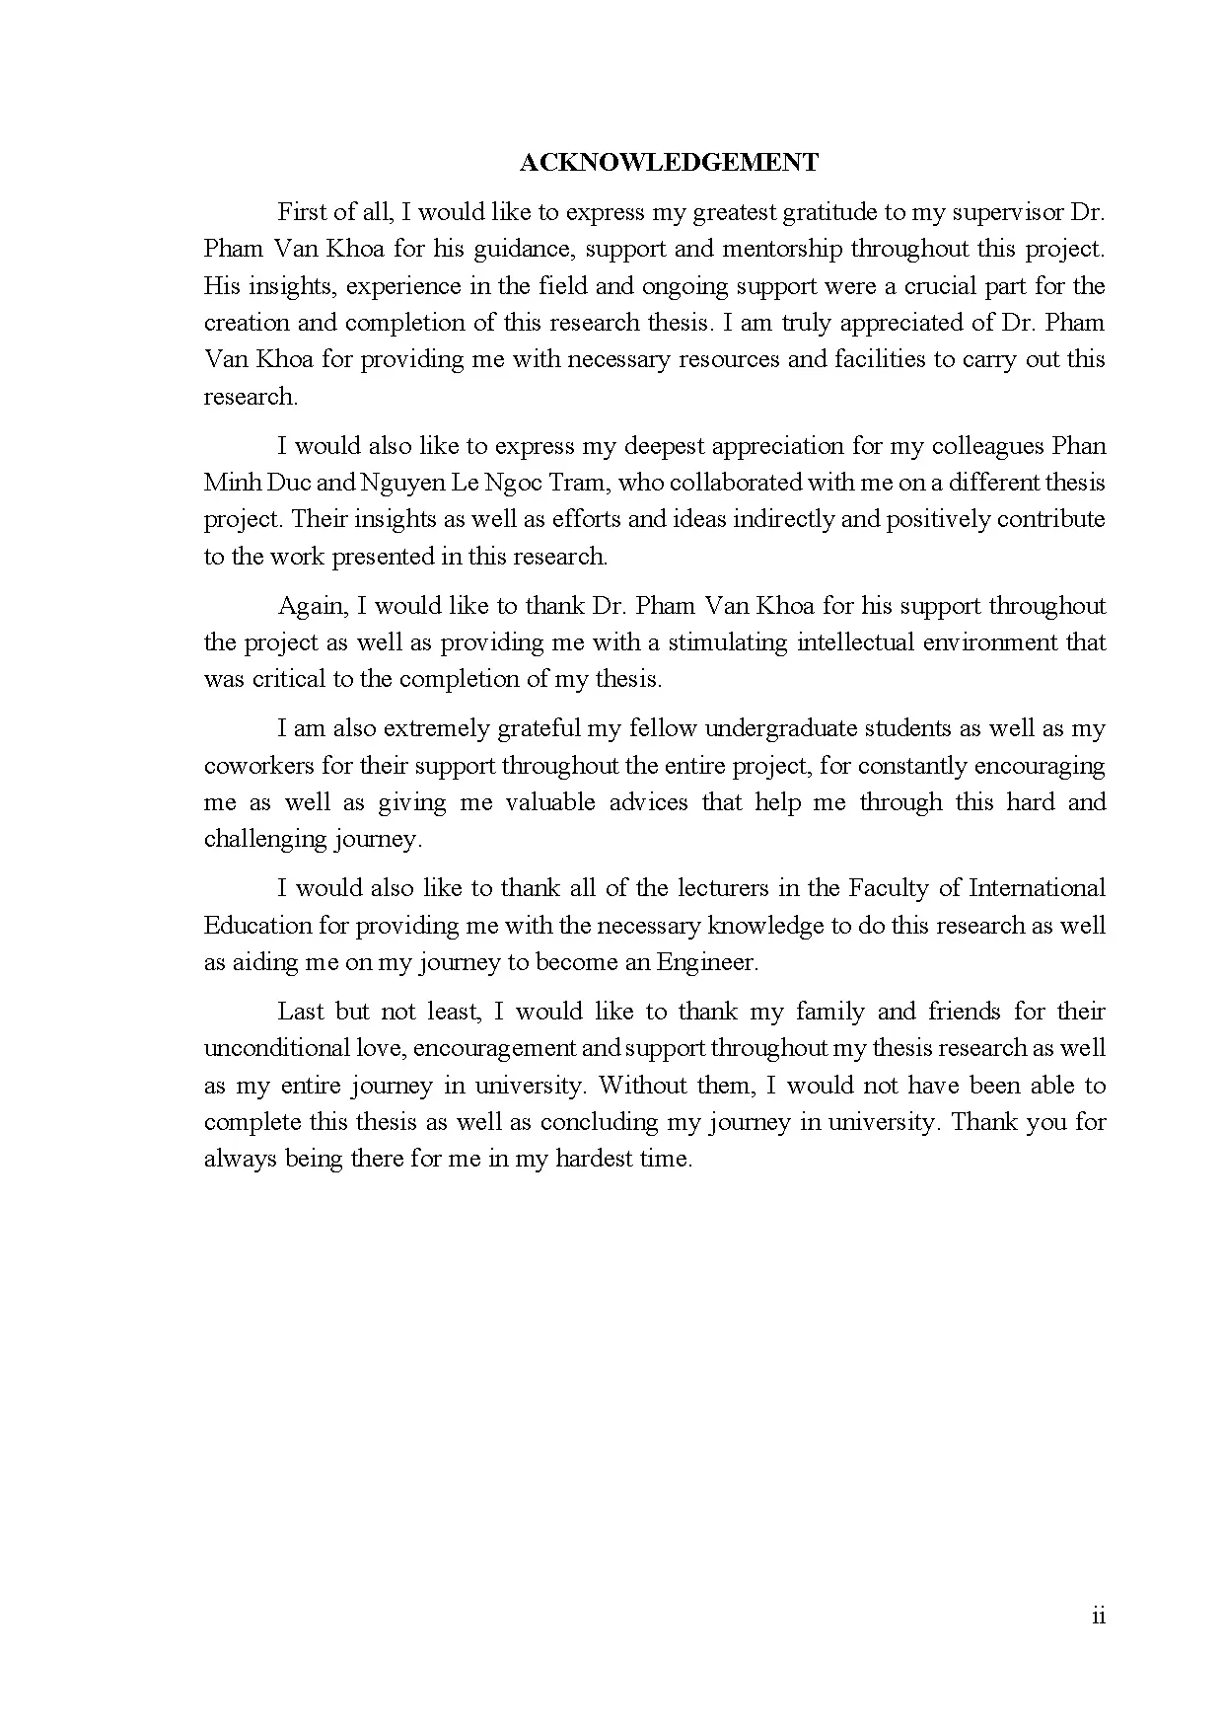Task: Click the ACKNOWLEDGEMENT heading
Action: [x=669, y=163]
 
